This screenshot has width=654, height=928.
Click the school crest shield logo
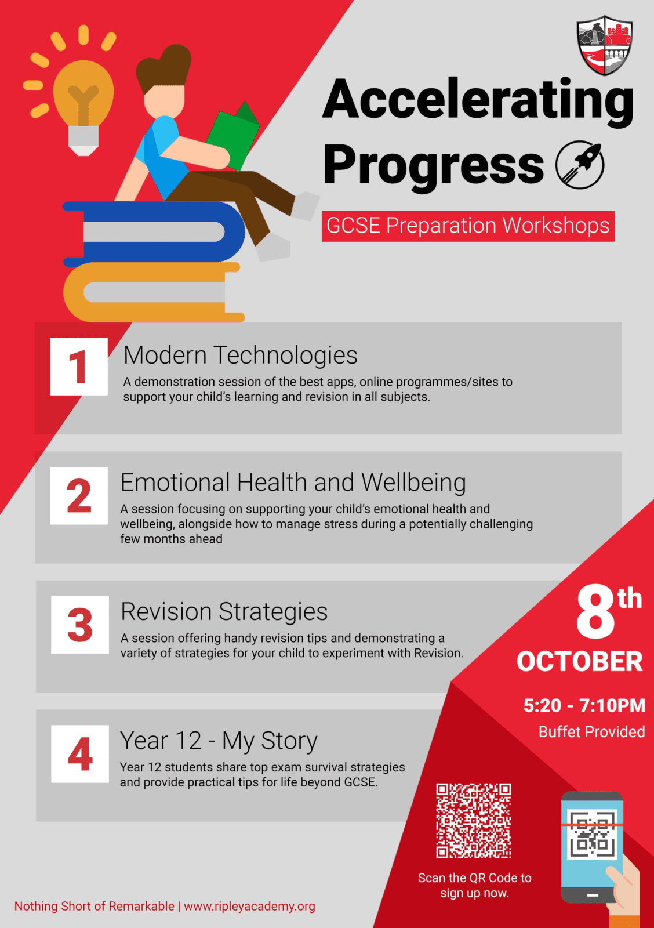point(605,46)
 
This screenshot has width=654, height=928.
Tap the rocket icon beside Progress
point(580,165)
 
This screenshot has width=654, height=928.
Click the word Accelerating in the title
point(478,102)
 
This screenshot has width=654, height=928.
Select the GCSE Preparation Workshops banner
point(468,226)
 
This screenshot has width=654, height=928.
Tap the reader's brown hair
point(163,68)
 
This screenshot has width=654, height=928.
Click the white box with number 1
point(79,367)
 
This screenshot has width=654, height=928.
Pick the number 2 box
point(79,495)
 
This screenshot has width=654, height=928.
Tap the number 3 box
point(80,625)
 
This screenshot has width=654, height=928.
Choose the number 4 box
point(80,754)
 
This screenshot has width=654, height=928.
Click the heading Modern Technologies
point(240,356)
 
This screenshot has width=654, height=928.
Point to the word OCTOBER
point(579,662)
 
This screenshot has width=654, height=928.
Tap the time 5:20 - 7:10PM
point(584,705)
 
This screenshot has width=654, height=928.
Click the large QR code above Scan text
point(474,821)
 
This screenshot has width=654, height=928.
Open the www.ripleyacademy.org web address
point(249,906)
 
